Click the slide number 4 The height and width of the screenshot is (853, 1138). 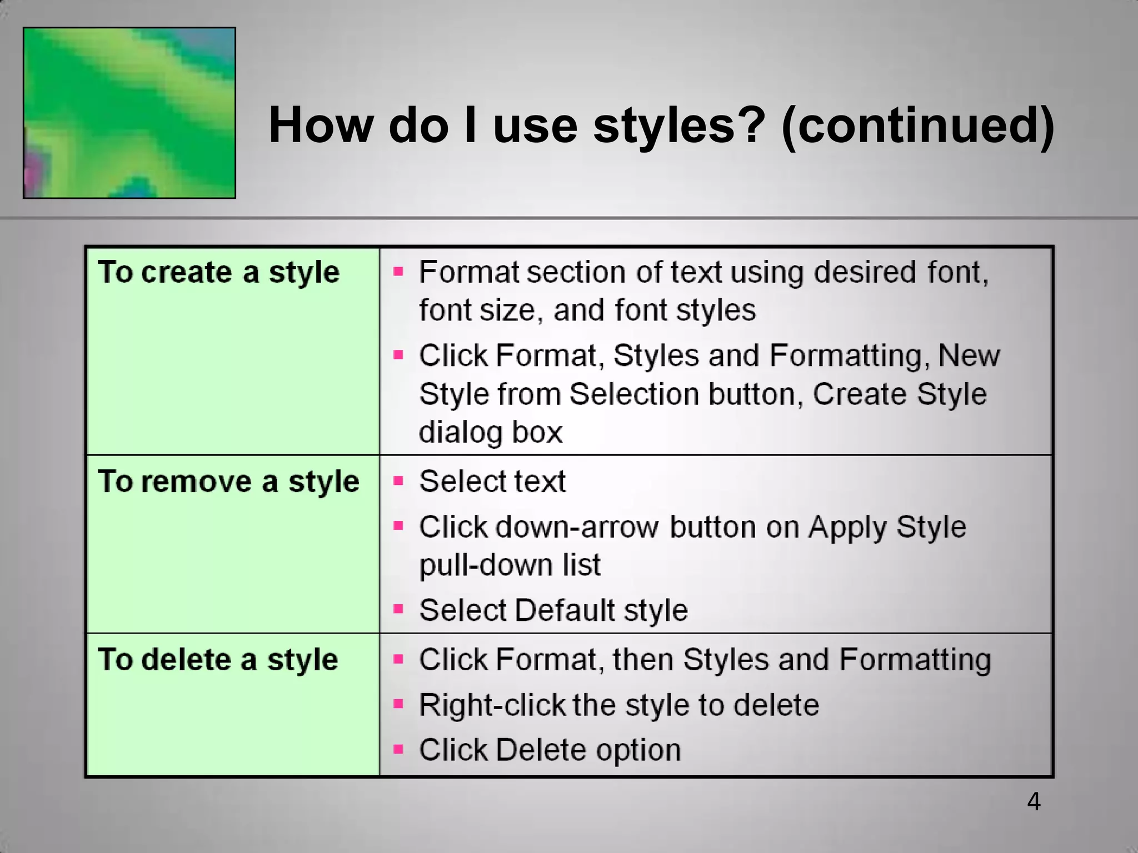point(1034,802)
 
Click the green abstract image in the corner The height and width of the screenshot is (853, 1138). point(129,113)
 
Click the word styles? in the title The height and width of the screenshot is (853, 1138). point(680,126)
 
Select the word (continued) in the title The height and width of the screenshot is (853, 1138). point(917,126)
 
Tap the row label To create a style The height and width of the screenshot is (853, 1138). point(218,273)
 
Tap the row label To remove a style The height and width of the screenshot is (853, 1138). point(228,481)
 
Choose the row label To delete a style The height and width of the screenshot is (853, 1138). point(218,660)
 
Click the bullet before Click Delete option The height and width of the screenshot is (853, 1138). point(398,749)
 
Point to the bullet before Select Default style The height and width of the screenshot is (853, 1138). point(398,609)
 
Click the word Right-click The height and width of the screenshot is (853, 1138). point(492,705)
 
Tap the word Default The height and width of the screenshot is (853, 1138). point(565,610)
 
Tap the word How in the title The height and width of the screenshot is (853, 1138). point(321,126)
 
